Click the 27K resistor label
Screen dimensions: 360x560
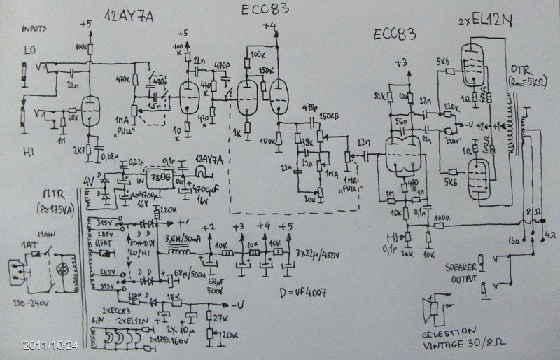point(219,318)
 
